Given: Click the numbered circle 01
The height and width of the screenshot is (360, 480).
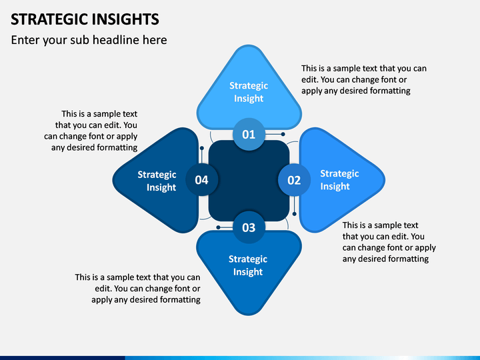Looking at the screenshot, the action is [x=249, y=134].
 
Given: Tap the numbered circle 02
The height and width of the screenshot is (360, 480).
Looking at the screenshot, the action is [x=294, y=180].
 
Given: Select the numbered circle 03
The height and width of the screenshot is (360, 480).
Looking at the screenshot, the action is [x=249, y=227].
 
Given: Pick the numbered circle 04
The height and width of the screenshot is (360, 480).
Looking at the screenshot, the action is [x=202, y=180].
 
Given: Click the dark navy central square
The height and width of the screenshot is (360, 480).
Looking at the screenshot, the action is [x=249, y=181].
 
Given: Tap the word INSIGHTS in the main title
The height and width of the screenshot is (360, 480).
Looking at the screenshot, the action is [x=125, y=19].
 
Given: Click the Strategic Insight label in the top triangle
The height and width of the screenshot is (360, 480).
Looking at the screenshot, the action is [x=249, y=92].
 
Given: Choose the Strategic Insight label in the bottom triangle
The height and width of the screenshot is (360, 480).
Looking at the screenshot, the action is [x=248, y=265].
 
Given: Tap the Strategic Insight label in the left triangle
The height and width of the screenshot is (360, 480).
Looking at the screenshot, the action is [x=157, y=181].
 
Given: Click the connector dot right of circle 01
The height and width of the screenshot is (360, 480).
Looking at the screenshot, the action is [x=283, y=134].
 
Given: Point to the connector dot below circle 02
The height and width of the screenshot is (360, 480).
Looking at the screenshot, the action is [x=295, y=214].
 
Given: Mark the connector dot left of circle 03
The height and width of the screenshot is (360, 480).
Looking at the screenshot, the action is [x=218, y=227].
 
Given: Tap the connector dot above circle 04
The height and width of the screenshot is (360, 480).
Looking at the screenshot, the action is [x=202, y=148].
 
